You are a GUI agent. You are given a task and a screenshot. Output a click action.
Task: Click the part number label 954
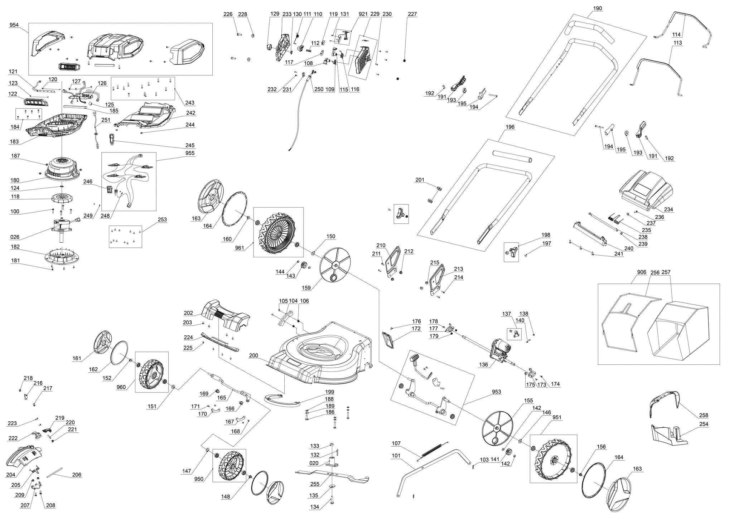(14, 25)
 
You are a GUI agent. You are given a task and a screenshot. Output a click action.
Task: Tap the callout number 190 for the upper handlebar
(598, 8)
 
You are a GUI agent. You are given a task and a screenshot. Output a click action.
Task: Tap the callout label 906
(642, 272)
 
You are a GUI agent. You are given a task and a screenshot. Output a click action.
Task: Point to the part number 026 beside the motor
(15, 237)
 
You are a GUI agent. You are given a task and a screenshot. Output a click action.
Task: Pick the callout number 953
(496, 392)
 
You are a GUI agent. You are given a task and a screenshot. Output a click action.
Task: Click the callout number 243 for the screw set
(190, 103)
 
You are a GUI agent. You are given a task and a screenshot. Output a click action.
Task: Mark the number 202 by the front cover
(188, 312)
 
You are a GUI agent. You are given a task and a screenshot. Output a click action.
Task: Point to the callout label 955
(190, 153)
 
